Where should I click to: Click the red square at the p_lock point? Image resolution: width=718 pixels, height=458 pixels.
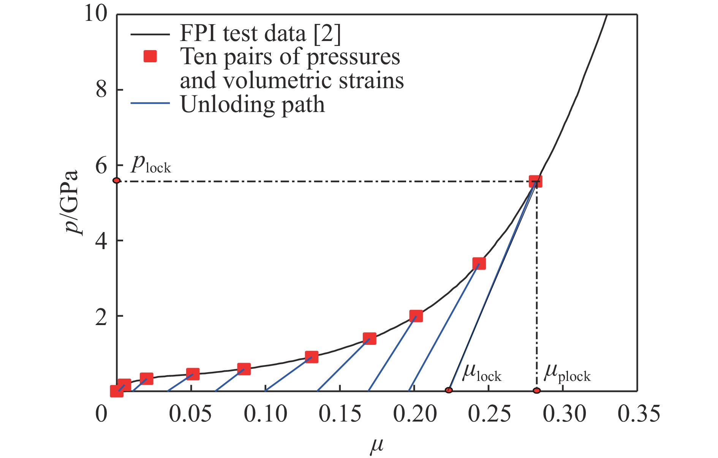pos(535,182)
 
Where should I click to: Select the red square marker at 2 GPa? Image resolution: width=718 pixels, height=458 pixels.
pos(416,316)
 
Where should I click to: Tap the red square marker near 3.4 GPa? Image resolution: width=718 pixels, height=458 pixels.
pos(479,264)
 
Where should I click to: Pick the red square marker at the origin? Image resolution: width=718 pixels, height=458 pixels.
pos(117,391)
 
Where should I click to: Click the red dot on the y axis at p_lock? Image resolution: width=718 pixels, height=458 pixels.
pos(117,180)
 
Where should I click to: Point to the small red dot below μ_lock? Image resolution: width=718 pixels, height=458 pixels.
pos(449,390)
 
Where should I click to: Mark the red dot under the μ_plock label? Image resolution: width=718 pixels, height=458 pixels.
pos(536,390)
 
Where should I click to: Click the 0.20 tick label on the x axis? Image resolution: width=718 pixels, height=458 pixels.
pos(415,414)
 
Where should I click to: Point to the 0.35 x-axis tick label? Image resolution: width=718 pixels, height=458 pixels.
pos(639,414)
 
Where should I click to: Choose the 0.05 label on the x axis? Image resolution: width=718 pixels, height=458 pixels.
pos(190,414)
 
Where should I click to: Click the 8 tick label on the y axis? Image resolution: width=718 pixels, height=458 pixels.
pos(101,90)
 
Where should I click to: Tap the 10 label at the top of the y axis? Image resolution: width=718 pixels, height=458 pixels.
pos(96,14)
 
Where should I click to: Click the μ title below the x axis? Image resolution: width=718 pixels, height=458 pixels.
pos(376,445)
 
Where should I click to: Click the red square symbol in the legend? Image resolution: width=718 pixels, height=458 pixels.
pos(150,57)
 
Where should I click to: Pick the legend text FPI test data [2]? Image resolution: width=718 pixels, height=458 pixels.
pos(260,33)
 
